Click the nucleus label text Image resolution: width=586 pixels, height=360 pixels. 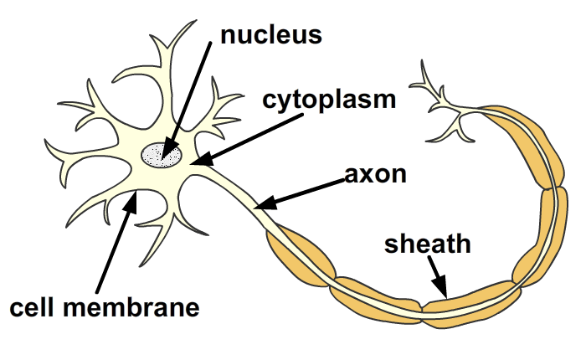(270, 34)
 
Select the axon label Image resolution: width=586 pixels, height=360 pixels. (375, 175)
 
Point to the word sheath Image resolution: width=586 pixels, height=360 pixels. (428, 245)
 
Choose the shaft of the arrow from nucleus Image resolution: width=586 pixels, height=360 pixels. (187, 96)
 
